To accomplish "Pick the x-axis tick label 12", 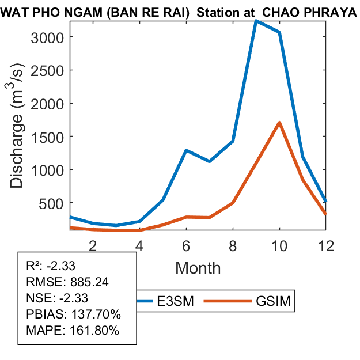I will coord(325,245).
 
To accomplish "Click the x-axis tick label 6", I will coord(186,245).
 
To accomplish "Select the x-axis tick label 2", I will coord(93,245).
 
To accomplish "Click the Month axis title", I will coord(198,267).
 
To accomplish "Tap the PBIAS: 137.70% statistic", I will coord(73,314).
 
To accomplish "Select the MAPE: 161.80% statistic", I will coord(73,331).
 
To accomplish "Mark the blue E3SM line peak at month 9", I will coord(256,21).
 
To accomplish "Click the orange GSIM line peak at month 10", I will coord(279,123).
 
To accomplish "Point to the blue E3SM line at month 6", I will coord(186,150).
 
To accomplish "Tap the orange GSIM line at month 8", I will coord(233,203).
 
